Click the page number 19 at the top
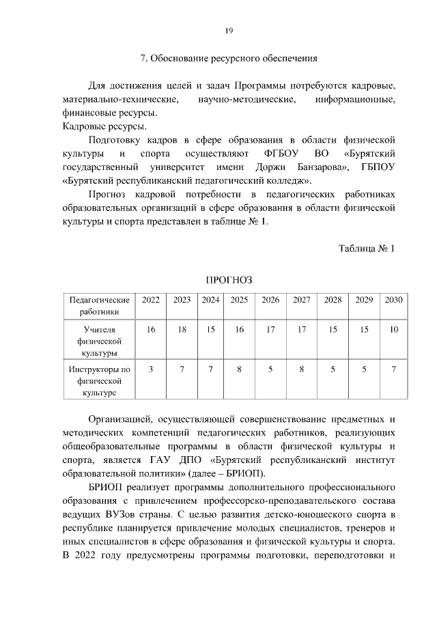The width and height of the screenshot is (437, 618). (x=229, y=30)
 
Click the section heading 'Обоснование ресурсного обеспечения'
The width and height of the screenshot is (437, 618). (x=234, y=59)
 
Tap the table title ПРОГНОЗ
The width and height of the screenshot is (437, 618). (x=229, y=280)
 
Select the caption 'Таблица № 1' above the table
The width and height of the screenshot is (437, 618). (x=367, y=247)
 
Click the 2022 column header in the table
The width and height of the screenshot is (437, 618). (x=151, y=300)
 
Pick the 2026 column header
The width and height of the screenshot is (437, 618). (x=270, y=300)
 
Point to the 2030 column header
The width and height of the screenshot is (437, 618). (x=393, y=300)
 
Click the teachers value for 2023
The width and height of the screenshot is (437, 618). (x=182, y=329)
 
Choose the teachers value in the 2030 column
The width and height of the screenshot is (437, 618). (x=393, y=329)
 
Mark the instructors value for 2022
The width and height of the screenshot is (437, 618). (x=151, y=369)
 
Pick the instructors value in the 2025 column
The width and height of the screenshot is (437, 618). (x=239, y=369)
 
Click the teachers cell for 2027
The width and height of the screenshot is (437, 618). (x=301, y=329)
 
